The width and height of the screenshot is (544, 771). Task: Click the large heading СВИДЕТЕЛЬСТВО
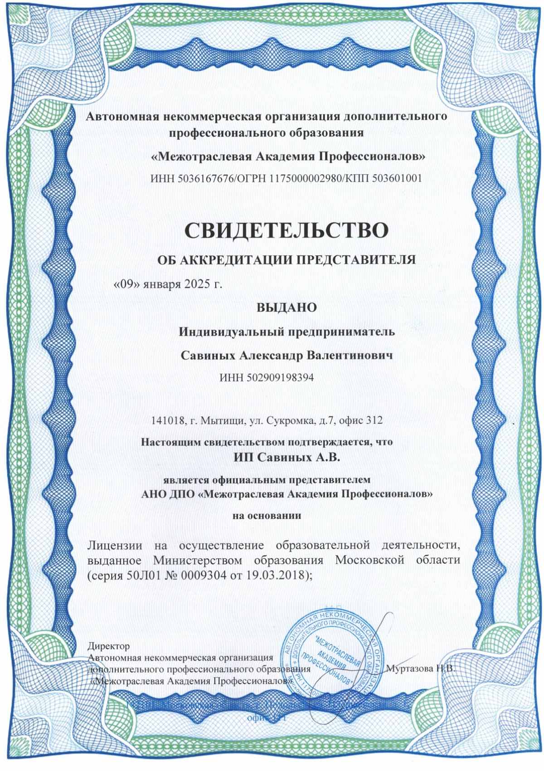tap(287, 230)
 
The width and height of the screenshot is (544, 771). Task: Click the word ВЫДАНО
tap(287, 307)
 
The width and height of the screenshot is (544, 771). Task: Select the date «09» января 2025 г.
tap(168, 284)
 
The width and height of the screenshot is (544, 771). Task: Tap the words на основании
tap(267, 516)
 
